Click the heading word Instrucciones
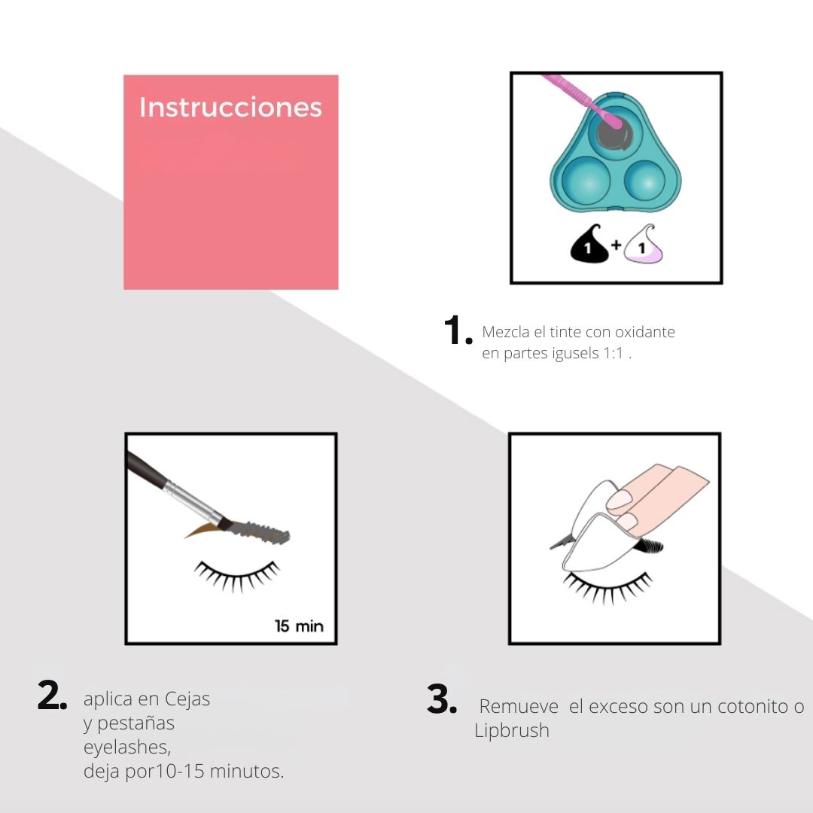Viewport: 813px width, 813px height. (231, 108)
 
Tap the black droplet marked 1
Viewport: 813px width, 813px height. (589, 245)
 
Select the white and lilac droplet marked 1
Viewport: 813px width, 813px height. (644, 245)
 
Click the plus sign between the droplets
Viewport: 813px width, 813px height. (616, 244)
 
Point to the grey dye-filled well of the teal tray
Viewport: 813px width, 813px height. (615, 134)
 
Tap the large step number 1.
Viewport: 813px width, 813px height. (458, 330)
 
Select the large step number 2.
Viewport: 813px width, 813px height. (52, 695)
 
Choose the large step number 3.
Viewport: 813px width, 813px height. (442, 699)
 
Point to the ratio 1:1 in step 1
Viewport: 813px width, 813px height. (613, 354)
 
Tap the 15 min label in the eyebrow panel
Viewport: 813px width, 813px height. (299, 626)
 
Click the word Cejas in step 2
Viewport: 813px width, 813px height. (187, 699)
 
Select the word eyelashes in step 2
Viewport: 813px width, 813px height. (127, 748)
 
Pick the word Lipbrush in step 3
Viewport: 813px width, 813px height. (512, 730)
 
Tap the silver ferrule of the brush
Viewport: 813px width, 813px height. (193, 501)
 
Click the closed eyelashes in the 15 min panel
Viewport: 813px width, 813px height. (236, 576)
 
